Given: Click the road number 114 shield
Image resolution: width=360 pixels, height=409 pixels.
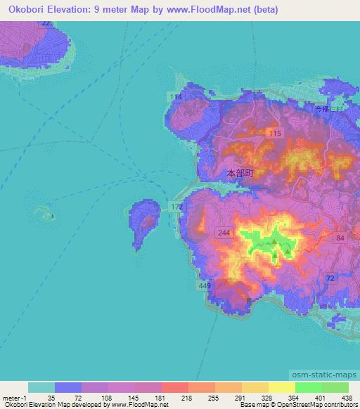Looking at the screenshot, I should coord(175,96).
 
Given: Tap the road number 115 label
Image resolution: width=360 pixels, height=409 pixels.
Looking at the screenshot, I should coord(274,133).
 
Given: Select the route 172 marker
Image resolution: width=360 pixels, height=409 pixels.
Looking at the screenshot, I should coord(176,205).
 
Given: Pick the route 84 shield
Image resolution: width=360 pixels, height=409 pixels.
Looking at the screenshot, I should coord(340,239).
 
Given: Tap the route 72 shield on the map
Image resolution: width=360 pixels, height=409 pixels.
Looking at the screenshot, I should coord(329,279).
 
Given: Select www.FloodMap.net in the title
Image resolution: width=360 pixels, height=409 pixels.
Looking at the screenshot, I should coord(198,10).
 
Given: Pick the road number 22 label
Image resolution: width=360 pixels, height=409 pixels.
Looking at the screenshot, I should coord(46,23).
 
